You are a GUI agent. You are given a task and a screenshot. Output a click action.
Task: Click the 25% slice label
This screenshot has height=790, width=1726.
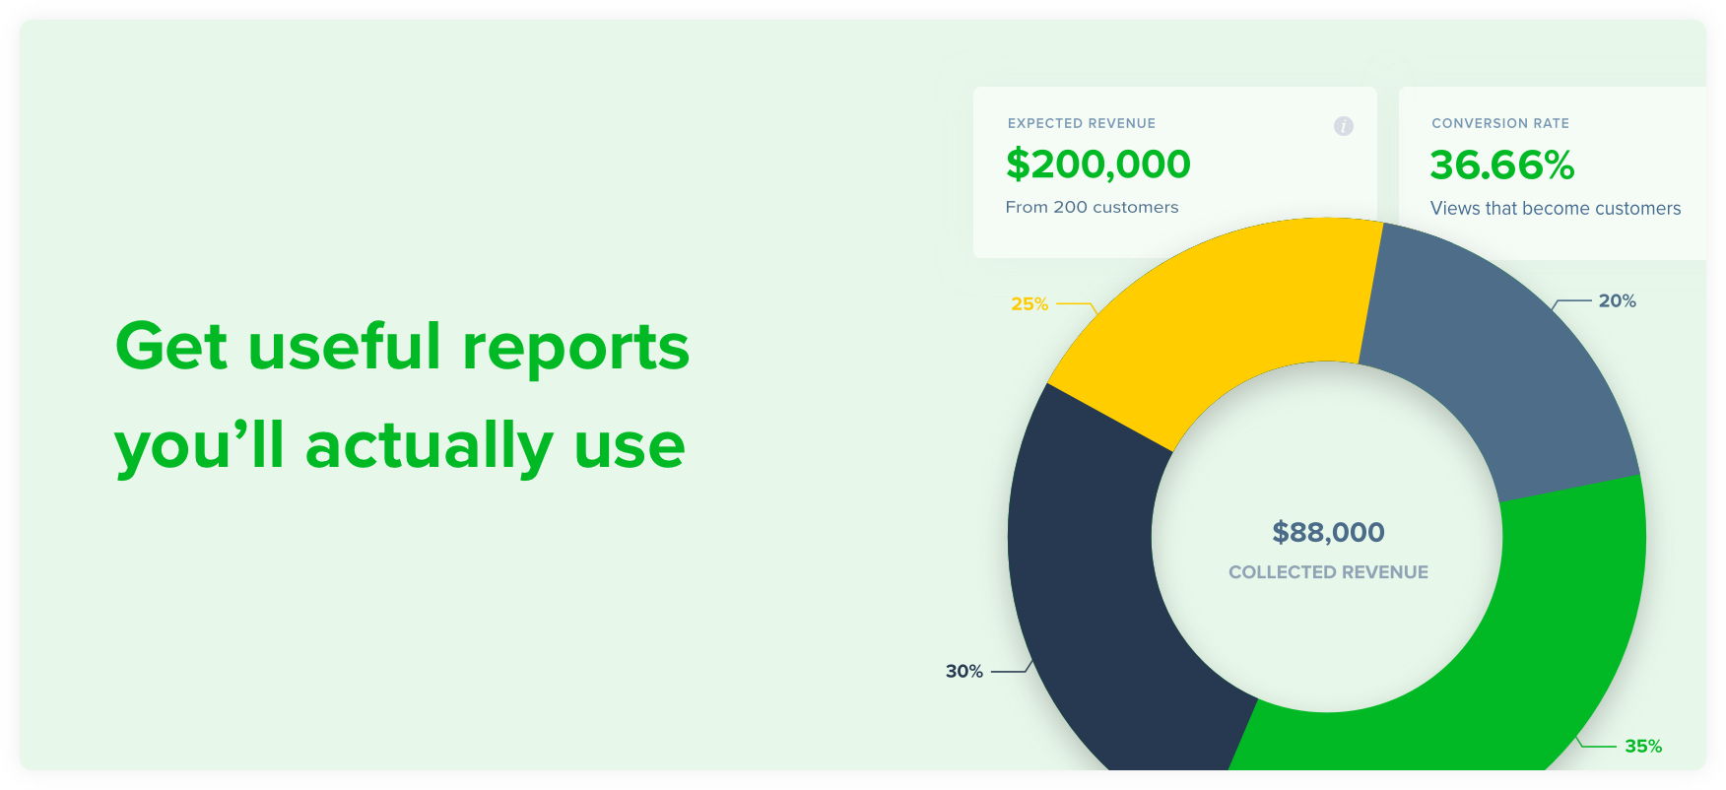[x=1029, y=304]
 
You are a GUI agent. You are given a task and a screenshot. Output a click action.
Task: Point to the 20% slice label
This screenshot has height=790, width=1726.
[x=1618, y=301]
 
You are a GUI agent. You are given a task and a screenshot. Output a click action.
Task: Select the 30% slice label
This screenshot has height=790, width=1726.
[x=964, y=672]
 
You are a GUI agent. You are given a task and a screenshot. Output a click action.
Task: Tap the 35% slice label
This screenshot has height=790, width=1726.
[x=1643, y=747]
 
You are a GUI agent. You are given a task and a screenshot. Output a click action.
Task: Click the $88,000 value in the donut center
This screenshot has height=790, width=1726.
[x=1328, y=533]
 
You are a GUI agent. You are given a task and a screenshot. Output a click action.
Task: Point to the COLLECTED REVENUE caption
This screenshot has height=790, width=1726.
[x=1328, y=572]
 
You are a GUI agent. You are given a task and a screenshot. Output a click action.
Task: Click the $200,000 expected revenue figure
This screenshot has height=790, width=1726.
[x=1098, y=165]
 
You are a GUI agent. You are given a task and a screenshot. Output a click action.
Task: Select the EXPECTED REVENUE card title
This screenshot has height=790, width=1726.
[x=1082, y=123]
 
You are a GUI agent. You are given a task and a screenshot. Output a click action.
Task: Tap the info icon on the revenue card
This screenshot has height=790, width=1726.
[x=1344, y=126]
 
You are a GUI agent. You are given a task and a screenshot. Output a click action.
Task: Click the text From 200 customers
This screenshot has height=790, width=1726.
[x=1092, y=207]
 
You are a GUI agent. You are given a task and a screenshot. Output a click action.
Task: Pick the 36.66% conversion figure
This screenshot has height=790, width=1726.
[x=1502, y=165]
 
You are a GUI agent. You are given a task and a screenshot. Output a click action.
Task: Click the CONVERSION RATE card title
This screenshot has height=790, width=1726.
[x=1500, y=123]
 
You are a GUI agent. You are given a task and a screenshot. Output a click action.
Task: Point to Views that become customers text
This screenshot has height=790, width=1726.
[x=1556, y=208]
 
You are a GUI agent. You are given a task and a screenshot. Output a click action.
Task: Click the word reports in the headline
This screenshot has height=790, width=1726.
[x=576, y=349]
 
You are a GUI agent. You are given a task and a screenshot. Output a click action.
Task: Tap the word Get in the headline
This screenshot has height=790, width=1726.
[x=171, y=346]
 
